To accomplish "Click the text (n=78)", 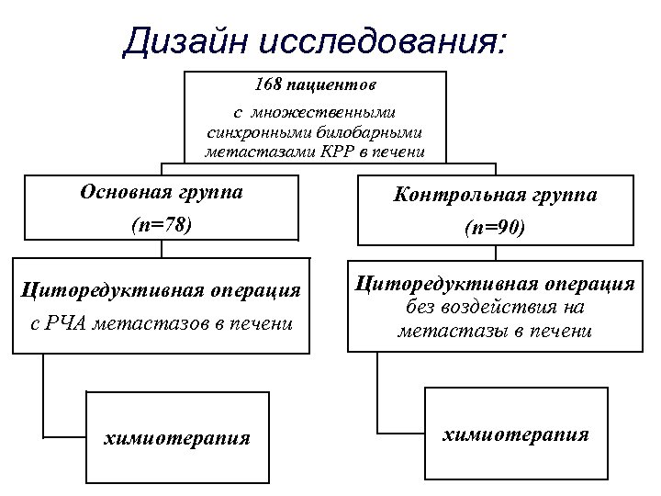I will coord(161,224).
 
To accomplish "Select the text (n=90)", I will coord(494,227).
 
